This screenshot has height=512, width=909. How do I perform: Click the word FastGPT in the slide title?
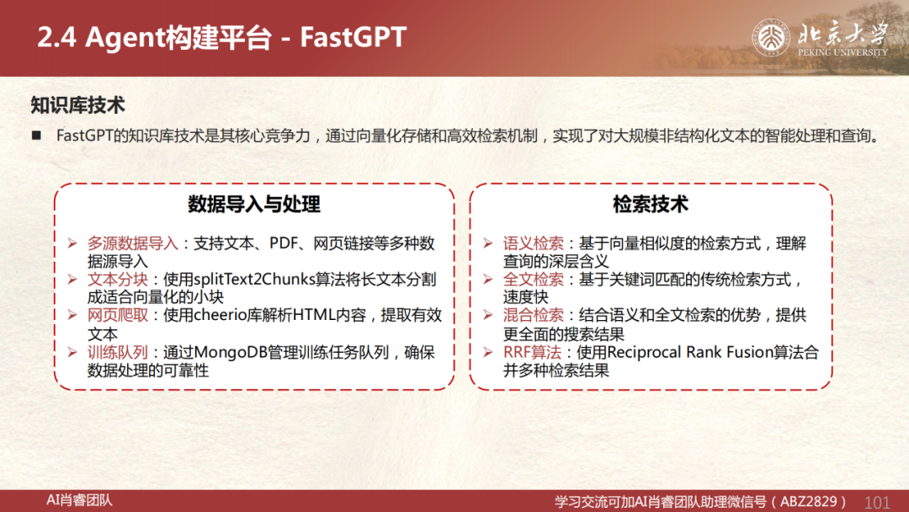[353, 37]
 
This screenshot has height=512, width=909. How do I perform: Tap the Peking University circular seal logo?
[771, 38]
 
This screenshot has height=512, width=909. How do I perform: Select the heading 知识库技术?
[77, 105]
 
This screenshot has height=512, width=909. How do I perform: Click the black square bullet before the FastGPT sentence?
[36, 136]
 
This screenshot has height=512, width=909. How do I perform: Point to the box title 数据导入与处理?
[254, 204]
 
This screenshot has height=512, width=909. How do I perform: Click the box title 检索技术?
[651, 204]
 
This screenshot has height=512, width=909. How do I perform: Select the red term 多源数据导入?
[133, 243]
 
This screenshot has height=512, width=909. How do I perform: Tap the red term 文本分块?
[118, 280]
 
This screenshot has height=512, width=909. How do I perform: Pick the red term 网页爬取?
[118, 316]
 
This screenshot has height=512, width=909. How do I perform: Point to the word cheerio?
[220, 316]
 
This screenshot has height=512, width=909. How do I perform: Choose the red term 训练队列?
[118, 352]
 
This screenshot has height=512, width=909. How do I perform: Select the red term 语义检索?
[534, 243]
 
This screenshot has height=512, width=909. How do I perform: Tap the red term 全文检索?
[534, 280]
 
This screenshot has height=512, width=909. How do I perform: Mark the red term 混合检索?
[534, 316]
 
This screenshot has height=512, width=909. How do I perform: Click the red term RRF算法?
[532, 352]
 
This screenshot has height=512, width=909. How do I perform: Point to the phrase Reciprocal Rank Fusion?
[690, 352]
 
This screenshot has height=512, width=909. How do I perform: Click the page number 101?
[876, 502]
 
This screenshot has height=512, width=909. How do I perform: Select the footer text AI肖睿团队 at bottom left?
[79, 500]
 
